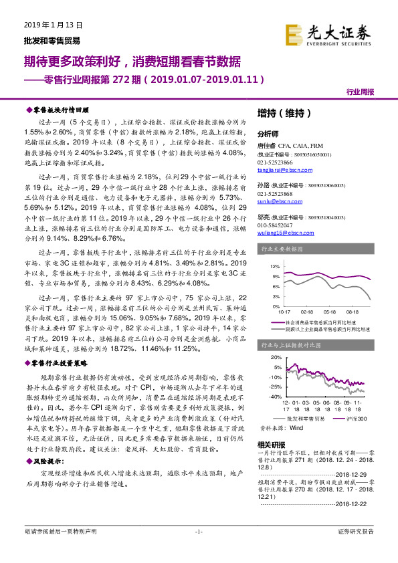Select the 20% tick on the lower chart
click(274, 358)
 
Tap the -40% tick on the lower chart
click(274, 397)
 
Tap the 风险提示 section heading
click(49, 461)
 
